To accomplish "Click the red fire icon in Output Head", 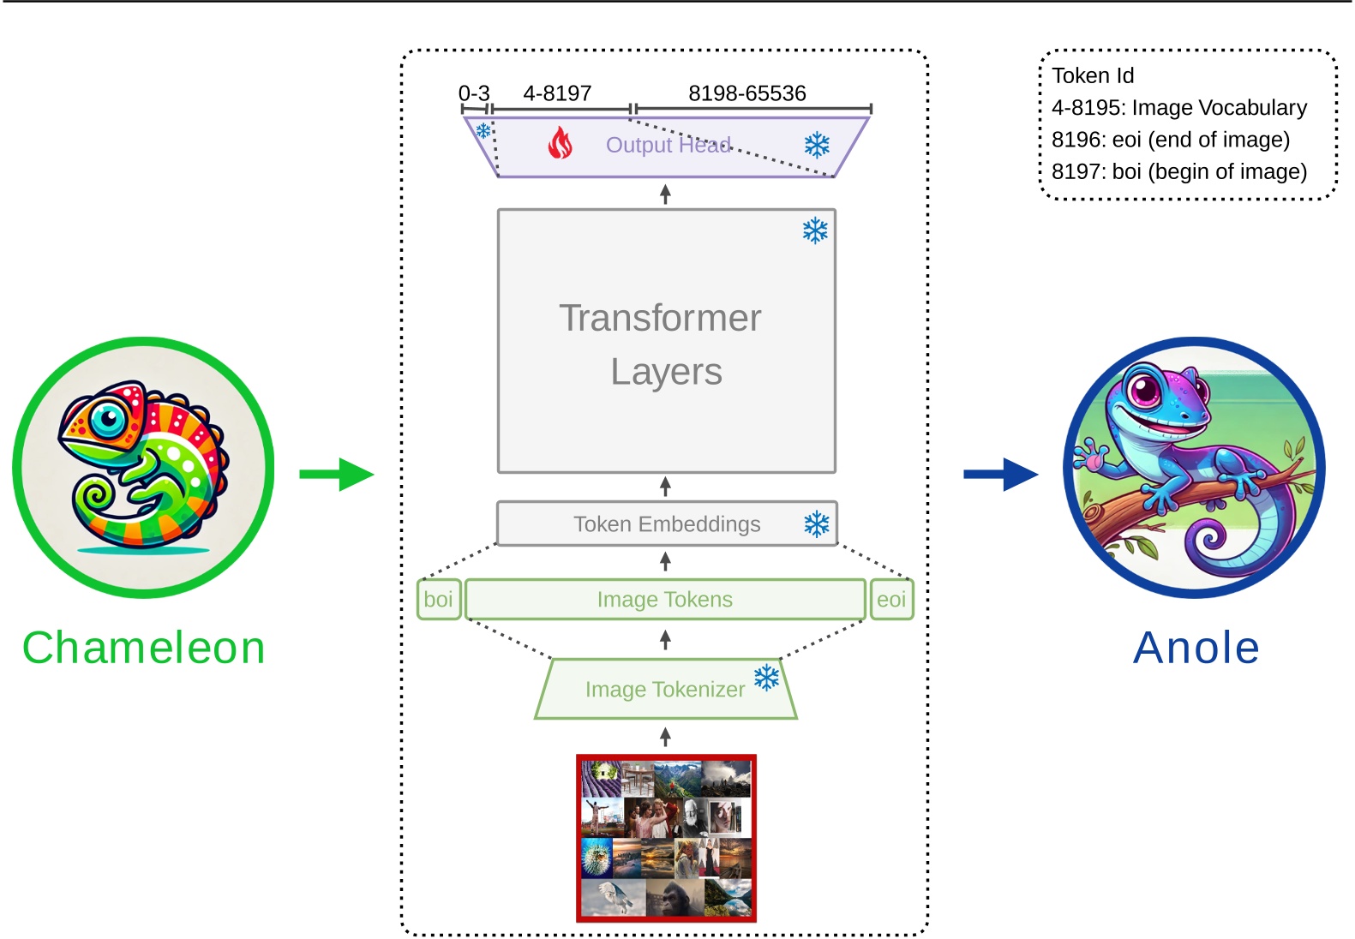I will [x=560, y=143].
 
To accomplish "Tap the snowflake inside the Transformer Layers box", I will [x=815, y=230].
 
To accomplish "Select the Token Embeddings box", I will [x=666, y=523].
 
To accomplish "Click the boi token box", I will [x=438, y=599].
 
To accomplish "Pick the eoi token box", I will [x=891, y=599].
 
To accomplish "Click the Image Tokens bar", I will [x=664, y=599].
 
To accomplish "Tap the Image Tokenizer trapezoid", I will [x=664, y=689].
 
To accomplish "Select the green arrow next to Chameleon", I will [x=336, y=474].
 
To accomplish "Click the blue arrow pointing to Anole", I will [x=1000, y=474].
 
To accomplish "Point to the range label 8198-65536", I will [x=746, y=93].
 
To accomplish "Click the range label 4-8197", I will [x=557, y=93].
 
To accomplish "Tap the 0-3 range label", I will [x=474, y=93].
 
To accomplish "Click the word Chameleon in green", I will [x=144, y=647].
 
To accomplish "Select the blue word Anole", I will [x=1196, y=647].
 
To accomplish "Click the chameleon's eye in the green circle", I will [x=108, y=418].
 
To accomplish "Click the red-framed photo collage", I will [x=666, y=837].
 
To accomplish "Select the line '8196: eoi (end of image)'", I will [x=1170, y=140].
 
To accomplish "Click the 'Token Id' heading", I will [x=1093, y=75].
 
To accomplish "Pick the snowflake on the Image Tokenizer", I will [x=766, y=678].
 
